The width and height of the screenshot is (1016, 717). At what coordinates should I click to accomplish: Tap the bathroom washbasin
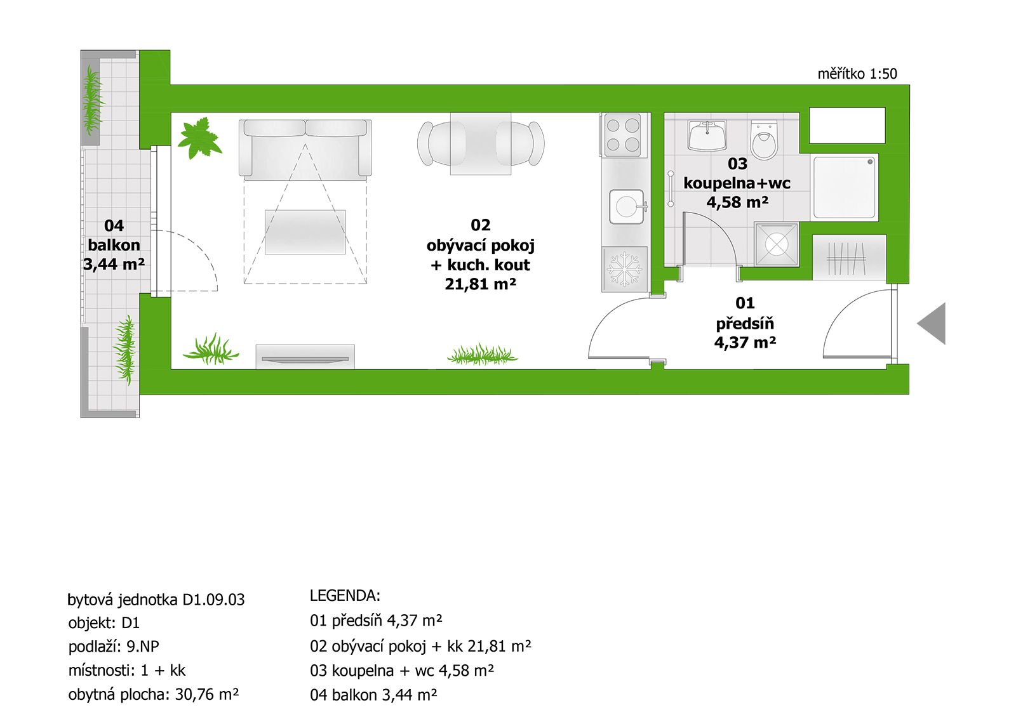tap(707, 136)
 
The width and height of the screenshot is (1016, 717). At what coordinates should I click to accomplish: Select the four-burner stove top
tap(623, 135)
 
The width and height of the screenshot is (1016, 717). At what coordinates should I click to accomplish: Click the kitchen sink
tap(627, 207)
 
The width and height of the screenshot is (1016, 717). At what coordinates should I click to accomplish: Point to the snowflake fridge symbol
tap(625, 269)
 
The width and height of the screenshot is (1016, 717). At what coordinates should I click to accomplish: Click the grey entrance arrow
tap(932, 324)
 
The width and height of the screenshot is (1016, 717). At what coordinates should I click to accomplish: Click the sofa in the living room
tap(305, 147)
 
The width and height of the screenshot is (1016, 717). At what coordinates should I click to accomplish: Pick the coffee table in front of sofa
tap(305, 232)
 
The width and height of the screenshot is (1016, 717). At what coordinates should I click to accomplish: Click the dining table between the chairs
tap(481, 144)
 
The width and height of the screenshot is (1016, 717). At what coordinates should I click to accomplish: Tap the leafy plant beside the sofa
tap(199, 138)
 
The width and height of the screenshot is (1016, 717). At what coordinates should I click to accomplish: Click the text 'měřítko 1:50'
tap(857, 74)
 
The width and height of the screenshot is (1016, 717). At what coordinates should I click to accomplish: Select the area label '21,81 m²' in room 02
tap(480, 284)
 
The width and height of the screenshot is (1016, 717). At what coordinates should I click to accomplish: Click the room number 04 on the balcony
tap(114, 226)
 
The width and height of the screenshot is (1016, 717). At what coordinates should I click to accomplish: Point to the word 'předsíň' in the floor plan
tap(745, 324)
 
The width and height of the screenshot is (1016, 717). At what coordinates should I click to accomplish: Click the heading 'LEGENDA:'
tap(345, 596)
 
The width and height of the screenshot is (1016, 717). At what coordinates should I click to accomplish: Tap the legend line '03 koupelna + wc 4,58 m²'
tap(401, 671)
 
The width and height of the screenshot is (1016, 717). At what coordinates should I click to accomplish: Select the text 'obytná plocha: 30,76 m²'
tap(153, 695)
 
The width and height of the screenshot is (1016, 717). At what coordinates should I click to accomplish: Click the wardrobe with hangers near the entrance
tap(848, 258)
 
